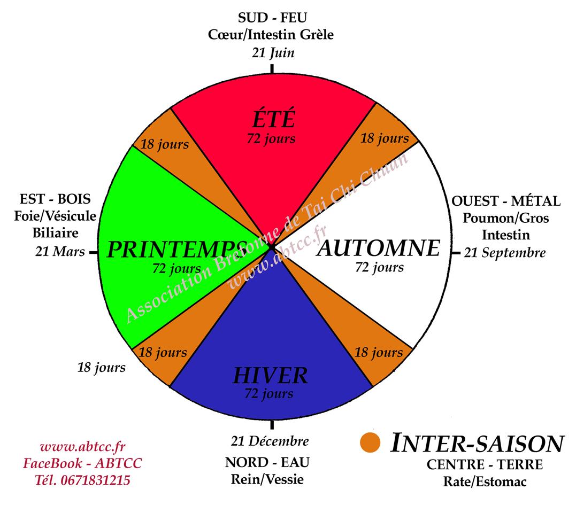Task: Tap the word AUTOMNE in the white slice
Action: (378, 248)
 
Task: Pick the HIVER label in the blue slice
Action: (270, 376)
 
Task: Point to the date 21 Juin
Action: (273, 53)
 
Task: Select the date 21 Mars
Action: (60, 251)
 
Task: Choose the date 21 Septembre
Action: (504, 252)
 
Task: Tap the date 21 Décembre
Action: (270, 441)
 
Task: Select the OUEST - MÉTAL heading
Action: (506, 201)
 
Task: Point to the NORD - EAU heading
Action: (267, 461)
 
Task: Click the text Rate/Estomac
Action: (485, 481)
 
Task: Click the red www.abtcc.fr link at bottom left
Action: (82, 447)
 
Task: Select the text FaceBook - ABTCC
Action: (82, 463)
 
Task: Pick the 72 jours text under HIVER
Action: (268, 394)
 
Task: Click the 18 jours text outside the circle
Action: (102, 367)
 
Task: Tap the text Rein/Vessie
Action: (267, 479)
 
